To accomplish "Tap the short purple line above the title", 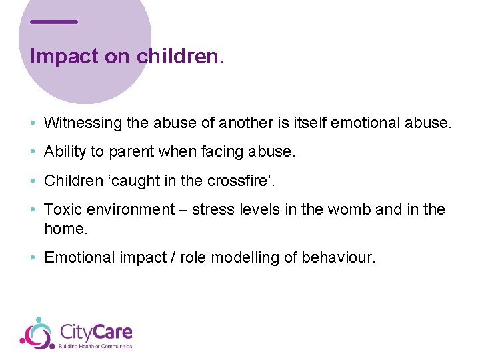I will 54,21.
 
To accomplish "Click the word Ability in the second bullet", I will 65,152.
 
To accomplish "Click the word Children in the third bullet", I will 71,181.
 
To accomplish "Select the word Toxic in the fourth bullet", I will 62,209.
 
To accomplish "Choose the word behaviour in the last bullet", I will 340,257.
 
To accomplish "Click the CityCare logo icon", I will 37,333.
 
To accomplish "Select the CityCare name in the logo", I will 95,331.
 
